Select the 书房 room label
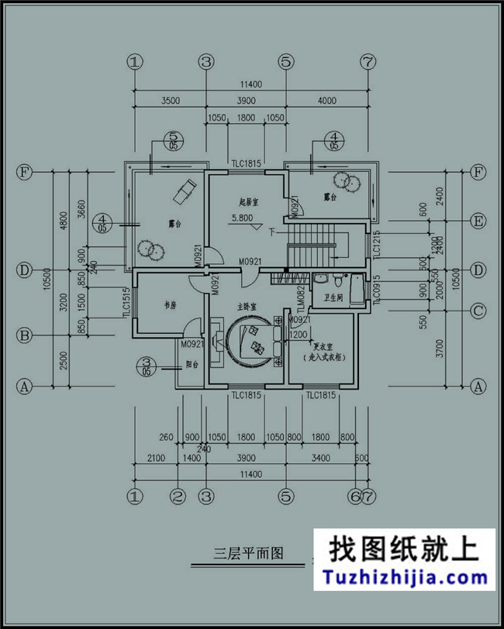pyautogui.click(x=171, y=305)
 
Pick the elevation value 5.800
pyautogui.click(x=241, y=218)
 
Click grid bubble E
pyautogui.click(x=478, y=222)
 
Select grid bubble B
pyautogui.click(x=25, y=337)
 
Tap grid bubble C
pyautogui.click(x=478, y=311)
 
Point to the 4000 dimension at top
pyautogui.click(x=326, y=100)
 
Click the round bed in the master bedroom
pyautogui.click(x=252, y=342)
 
